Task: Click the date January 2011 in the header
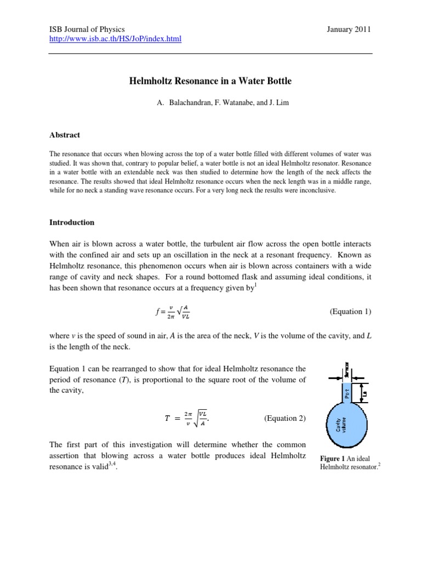(349, 29)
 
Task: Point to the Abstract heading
(65, 135)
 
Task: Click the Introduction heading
(72, 222)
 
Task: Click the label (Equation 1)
(350, 312)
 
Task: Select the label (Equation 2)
(285, 418)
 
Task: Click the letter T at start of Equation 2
(167, 419)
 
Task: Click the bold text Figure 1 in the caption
(333, 458)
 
